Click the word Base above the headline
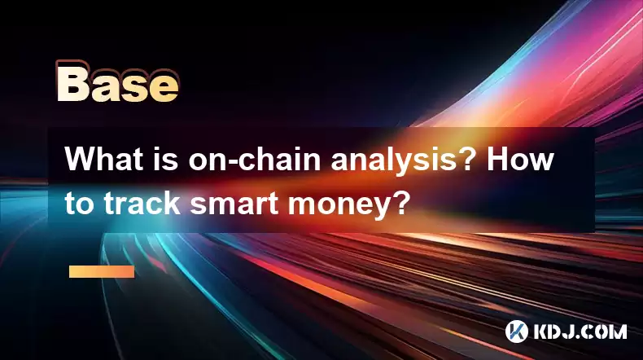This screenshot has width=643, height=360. click(x=117, y=81)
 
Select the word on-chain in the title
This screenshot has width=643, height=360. click(x=254, y=159)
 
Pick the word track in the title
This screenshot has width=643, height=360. click(x=142, y=202)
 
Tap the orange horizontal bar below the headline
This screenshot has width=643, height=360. click(x=102, y=271)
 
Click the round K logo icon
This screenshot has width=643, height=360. click(x=517, y=331)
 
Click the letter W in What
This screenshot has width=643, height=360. click(x=81, y=159)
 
